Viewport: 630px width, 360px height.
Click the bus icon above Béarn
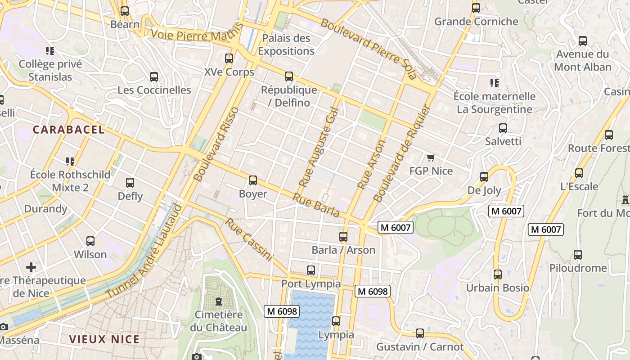tap(125, 11)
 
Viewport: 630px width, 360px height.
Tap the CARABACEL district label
tap(68, 130)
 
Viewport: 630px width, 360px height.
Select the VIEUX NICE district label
tap(104, 339)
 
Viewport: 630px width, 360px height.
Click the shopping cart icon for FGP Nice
tap(431, 157)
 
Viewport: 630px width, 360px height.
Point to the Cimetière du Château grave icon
tap(219, 301)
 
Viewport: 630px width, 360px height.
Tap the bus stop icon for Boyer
tap(253, 180)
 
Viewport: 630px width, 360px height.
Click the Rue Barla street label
tap(316, 205)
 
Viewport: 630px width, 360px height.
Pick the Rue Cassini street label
tap(249, 239)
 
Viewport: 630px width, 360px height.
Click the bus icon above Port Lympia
tap(311, 270)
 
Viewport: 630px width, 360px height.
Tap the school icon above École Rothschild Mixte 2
tap(70, 161)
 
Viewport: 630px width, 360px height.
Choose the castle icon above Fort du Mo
tap(625, 199)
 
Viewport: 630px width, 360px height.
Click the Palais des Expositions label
tap(286, 45)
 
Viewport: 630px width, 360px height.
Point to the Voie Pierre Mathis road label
tap(188, 35)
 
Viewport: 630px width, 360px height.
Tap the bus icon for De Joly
tap(484, 177)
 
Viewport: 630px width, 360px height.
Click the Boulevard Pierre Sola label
tap(369, 49)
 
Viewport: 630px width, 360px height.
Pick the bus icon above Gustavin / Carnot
tap(420, 333)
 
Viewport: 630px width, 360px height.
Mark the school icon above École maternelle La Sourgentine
tap(495, 83)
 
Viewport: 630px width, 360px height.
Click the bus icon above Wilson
tap(90, 241)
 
